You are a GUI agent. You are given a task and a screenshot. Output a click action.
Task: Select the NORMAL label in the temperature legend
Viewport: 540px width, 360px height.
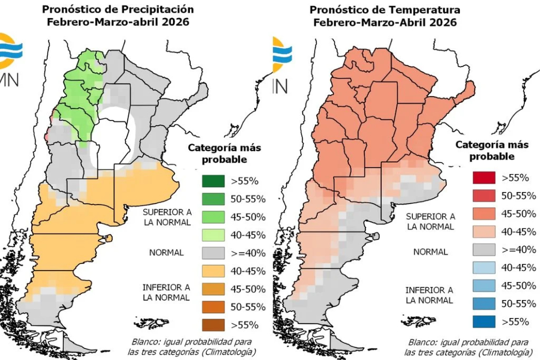[430, 252]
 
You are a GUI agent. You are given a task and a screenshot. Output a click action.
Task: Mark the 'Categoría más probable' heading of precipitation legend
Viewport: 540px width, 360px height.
[224, 153]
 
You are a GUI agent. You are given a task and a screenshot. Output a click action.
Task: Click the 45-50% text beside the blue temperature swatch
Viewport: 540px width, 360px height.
[519, 285]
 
